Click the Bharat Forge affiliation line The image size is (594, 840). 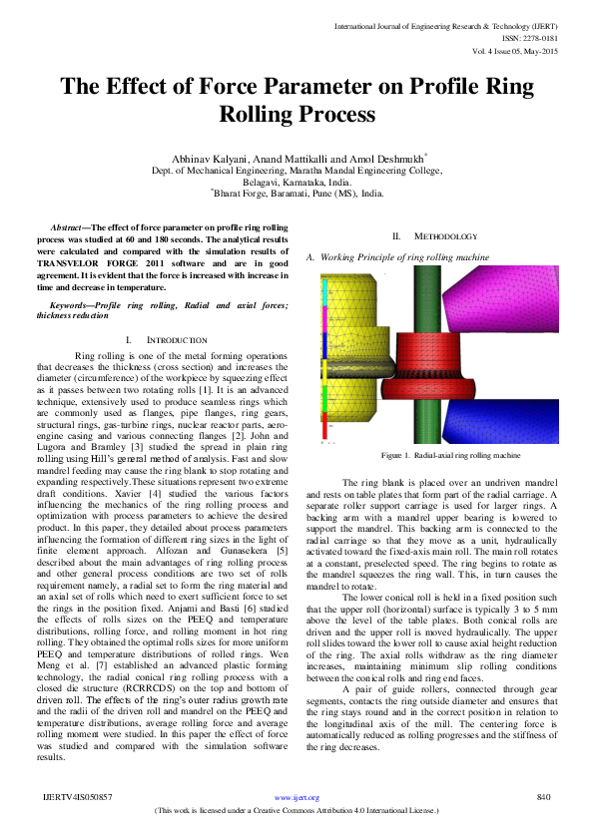click(297, 197)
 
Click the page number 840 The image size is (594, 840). click(544, 796)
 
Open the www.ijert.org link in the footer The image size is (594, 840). click(296, 797)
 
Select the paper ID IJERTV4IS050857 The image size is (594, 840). click(78, 796)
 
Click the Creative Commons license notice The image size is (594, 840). click(297, 812)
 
